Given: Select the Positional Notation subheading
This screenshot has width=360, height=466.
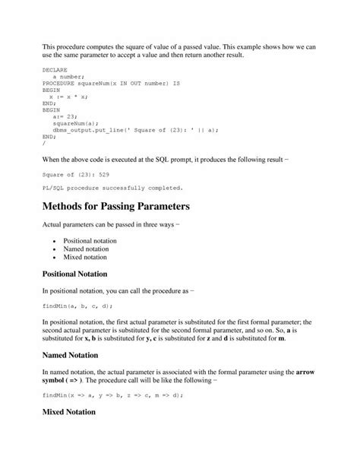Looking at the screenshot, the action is (x=74, y=273).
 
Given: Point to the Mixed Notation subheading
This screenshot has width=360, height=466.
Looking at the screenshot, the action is (x=68, y=433).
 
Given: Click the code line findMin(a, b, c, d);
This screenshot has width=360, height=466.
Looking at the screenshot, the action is (x=77, y=305).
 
